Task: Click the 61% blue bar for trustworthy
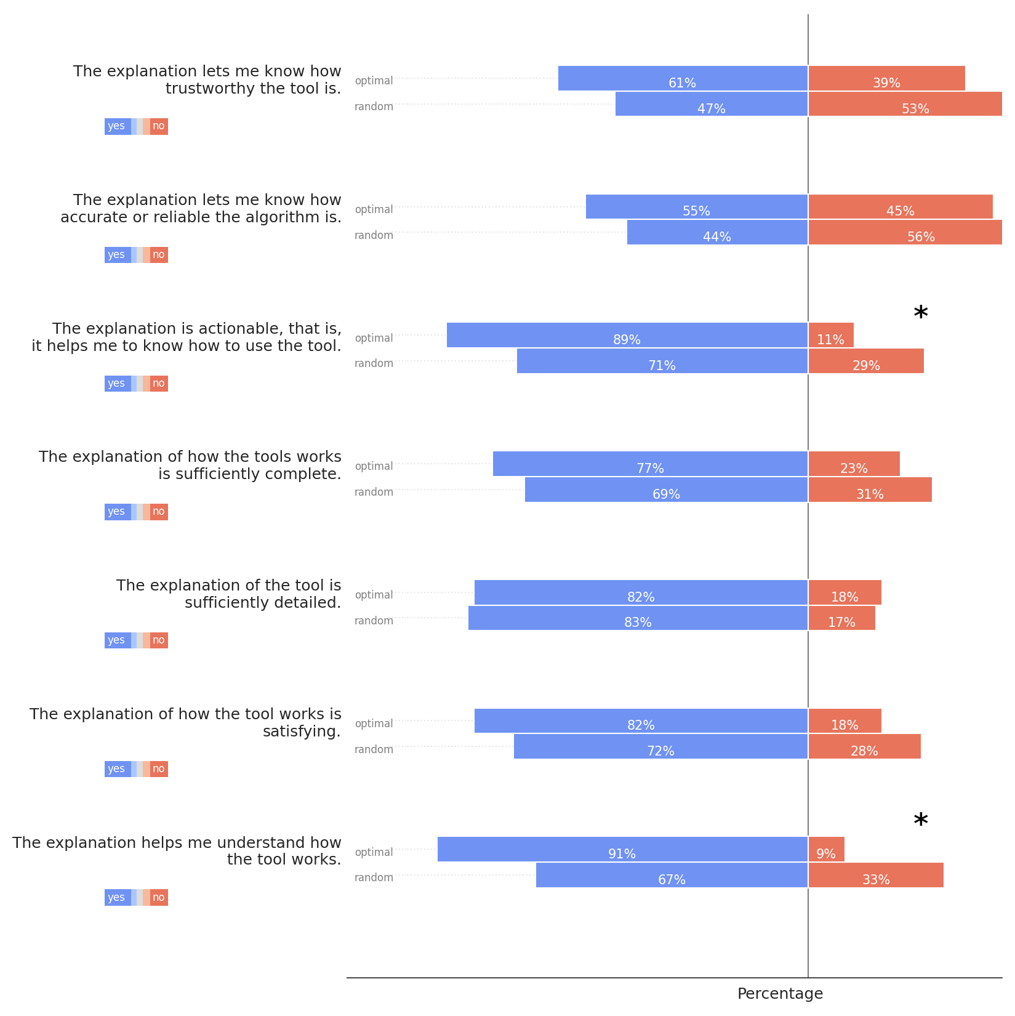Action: coord(682,78)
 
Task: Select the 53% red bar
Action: coord(905,104)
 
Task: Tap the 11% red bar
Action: coord(830,335)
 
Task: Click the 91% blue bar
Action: coord(622,849)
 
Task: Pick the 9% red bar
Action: coord(826,849)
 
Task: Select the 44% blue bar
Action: coord(717,232)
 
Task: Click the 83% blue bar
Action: coord(638,618)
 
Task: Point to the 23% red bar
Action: coord(854,464)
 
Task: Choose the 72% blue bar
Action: coord(660,746)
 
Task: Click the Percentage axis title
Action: coord(780,994)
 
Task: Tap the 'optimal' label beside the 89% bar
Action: coord(374,338)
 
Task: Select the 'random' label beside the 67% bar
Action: coord(374,877)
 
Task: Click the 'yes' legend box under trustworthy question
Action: coord(117,126)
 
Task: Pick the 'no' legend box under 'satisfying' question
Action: coord(159,769)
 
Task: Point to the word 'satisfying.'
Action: coord(302,732)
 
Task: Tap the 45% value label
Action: coord(900,211)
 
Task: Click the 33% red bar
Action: coord(875,875)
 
